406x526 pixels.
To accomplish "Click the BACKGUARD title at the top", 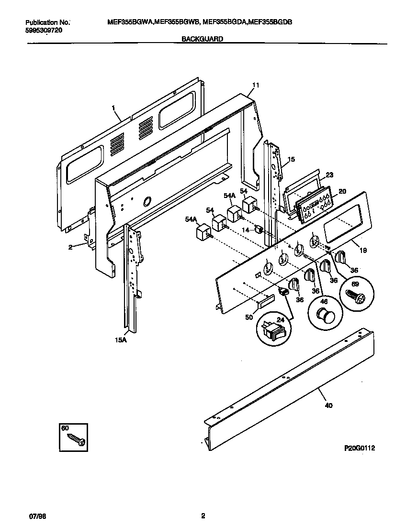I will pyautogui.click(x=203, y=40).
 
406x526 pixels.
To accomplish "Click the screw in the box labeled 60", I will pyautogui.click(x=77, y=438).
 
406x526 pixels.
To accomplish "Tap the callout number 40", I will pyautogui.click(x=328, y=405).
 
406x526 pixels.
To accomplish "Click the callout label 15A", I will pyautogui.click(x=121, y=340).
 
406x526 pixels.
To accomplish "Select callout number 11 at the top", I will pyautogui.click(x=256, y=86).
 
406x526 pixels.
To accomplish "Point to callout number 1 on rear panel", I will pyautogui.click(x=114, y=109).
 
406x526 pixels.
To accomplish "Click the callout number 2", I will pyautogui.click(x=70, y=247).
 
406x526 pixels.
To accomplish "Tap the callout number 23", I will pyautogui.click(x=329, y=175).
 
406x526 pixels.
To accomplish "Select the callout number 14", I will pyautogui.click(x=246, y=230).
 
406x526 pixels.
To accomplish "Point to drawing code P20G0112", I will pyautogui.click(x=360, y=448).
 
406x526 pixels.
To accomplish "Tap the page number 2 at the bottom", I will pyautogui.click(x=203, y=516).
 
